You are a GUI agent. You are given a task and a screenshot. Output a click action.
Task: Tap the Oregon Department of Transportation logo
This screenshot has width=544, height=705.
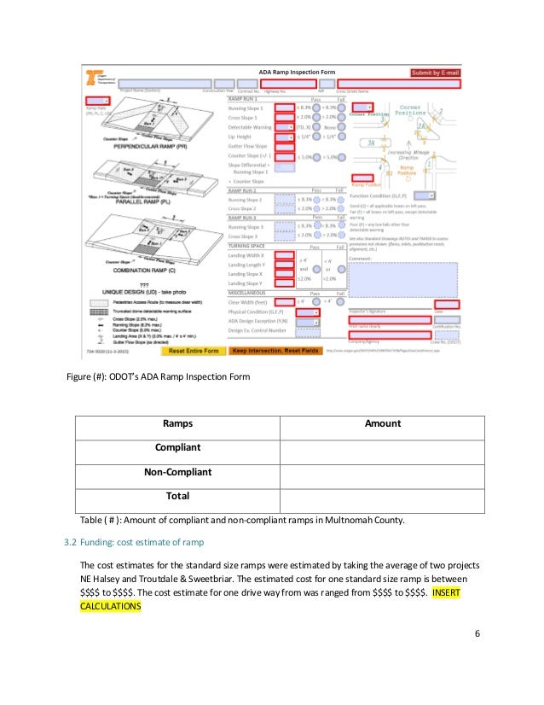tap(94, 77)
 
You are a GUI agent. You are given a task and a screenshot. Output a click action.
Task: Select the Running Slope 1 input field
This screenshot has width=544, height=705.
tap(284, 108)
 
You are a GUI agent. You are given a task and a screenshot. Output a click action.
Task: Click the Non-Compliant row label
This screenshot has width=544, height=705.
tap(177, 470)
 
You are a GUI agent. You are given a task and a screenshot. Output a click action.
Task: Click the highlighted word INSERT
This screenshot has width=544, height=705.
tap(449, 591)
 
